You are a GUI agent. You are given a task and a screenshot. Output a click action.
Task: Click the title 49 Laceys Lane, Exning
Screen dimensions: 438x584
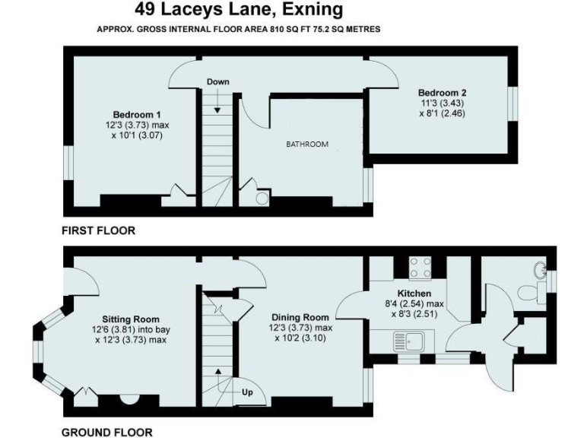(238, 10)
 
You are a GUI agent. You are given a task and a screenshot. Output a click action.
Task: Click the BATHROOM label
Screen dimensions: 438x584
(306, 144)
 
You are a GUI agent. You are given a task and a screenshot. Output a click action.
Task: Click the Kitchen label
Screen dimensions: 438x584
(414, 293)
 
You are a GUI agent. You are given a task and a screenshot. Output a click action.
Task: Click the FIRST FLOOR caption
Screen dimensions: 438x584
(99, 230)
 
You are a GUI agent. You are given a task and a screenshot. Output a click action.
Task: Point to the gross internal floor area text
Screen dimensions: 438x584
(238, 29)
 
